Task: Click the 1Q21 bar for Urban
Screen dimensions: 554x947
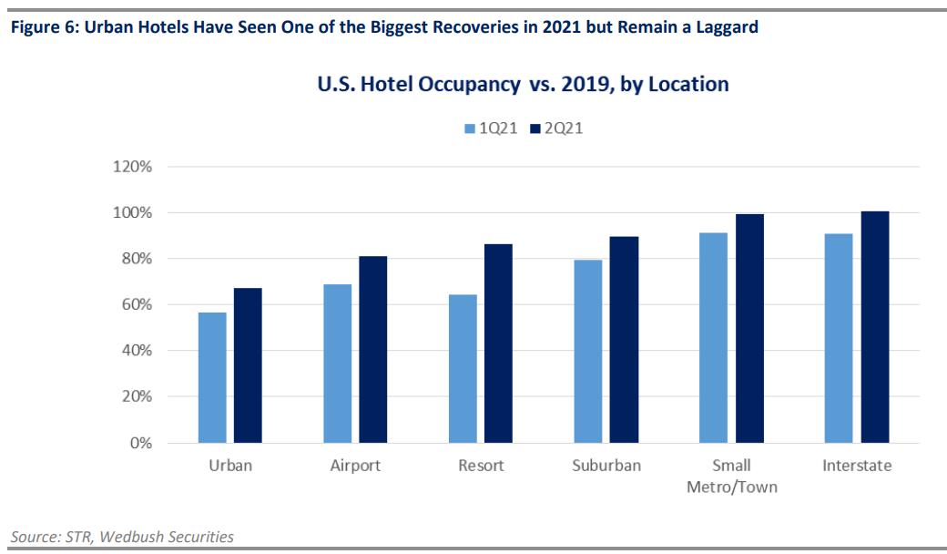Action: point(212,377)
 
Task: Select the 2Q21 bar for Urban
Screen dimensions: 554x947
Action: point(248,365)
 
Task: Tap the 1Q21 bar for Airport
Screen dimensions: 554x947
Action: point(337,364)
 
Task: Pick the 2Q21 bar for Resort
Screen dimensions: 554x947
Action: point(497,344)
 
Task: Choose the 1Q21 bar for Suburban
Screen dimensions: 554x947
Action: point(587,351)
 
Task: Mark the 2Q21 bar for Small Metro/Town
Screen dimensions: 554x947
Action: point(749,328)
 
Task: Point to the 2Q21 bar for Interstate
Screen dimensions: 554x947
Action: point(874,327)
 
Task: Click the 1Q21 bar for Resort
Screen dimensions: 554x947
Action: point(463,368)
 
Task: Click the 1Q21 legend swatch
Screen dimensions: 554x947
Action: point(470,128)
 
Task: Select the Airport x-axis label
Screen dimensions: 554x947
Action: point(354,466)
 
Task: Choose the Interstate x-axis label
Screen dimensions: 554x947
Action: point(857,466)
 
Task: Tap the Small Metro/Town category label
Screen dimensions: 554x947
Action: point(732,476)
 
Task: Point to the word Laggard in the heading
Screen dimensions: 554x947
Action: point(724,27)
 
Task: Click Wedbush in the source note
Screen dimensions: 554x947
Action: point(136,537)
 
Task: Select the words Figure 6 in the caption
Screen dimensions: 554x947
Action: point(36,27)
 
